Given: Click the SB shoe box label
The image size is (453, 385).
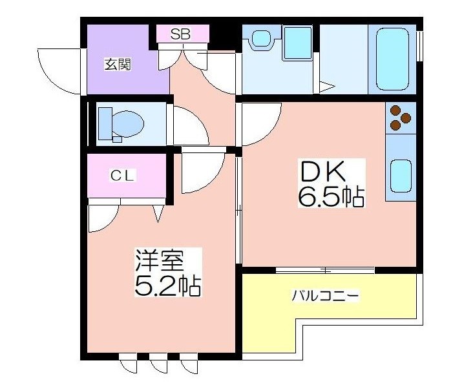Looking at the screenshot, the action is (180, 34).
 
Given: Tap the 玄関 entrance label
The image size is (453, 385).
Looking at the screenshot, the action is (118, 65).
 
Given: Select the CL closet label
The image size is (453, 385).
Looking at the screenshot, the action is (123, 175).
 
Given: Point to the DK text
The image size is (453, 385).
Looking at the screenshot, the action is (322, 172).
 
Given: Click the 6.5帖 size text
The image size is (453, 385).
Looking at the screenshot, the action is (331, 198).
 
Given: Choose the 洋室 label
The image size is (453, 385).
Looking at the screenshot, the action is (160, 260).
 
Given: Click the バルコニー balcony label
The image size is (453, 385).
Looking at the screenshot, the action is (325, 296).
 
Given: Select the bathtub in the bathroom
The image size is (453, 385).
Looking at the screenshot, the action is (392, 59).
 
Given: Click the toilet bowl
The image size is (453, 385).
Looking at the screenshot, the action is (128, 124).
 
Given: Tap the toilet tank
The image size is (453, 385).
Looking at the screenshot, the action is (105, 123).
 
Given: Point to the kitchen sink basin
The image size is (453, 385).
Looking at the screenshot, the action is (401, 176).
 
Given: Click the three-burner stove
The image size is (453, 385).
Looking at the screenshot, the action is (401, 118).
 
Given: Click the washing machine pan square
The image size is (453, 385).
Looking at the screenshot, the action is (297, 43).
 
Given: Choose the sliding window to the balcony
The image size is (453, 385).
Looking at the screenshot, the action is (325, 270).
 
